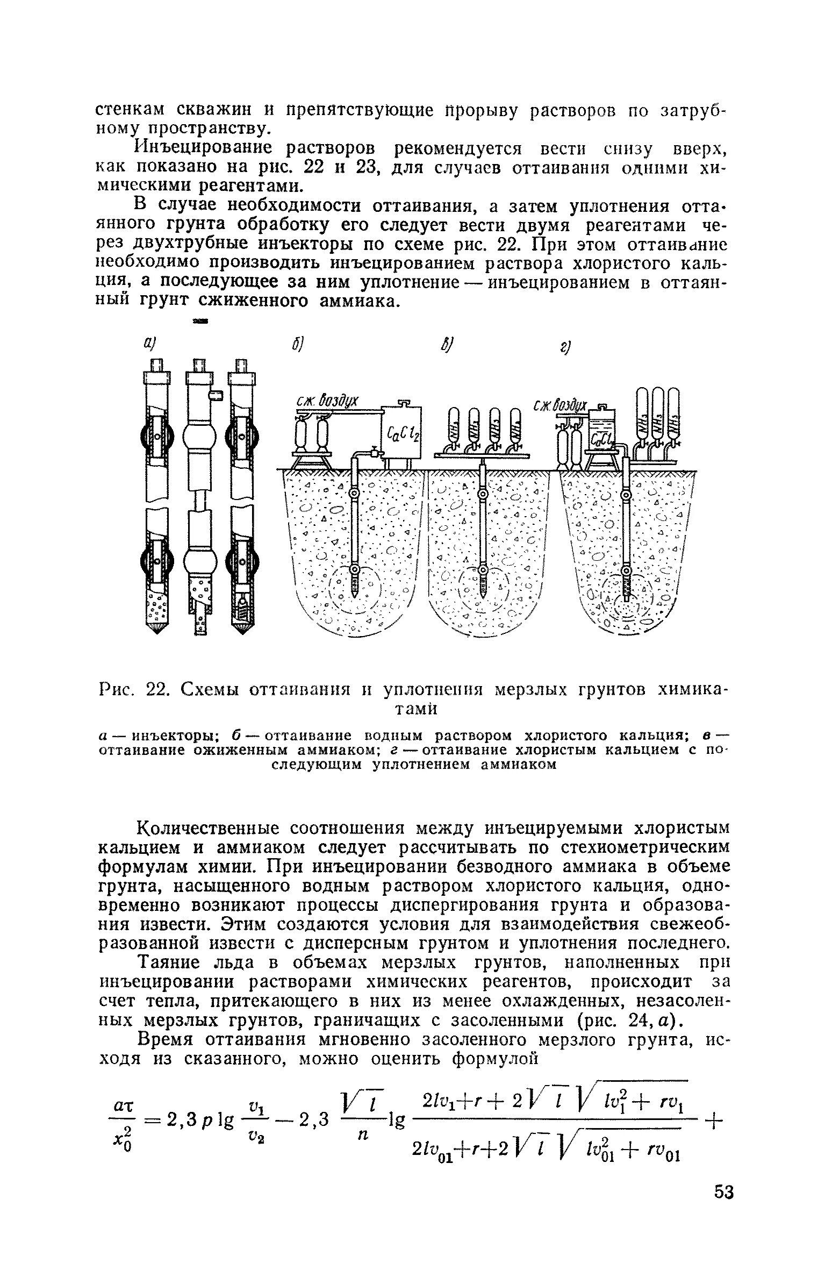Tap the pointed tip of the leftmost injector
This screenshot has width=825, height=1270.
[157, 627]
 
